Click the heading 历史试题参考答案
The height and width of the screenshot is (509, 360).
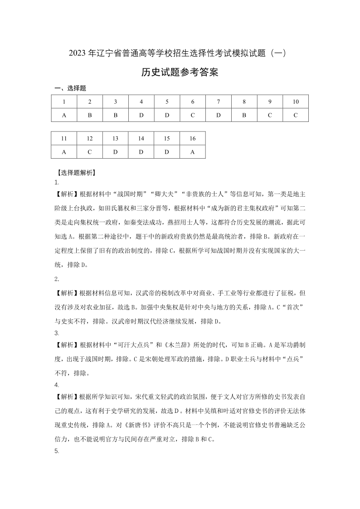(180, 73)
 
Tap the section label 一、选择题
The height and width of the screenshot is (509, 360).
(70, 88)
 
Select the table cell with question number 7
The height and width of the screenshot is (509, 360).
(219, 102)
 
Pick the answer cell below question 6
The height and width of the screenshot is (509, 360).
(193, 115)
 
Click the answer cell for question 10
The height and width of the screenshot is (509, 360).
(296, 115)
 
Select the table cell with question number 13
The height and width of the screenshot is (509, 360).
(116, 138)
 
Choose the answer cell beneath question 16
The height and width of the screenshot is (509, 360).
(193, 152)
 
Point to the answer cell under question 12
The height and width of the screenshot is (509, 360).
(90, 152)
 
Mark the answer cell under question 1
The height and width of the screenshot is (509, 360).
(64, 115)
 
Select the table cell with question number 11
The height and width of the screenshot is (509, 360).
(64, 138)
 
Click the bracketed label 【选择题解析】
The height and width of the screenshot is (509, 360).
(75, 172)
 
